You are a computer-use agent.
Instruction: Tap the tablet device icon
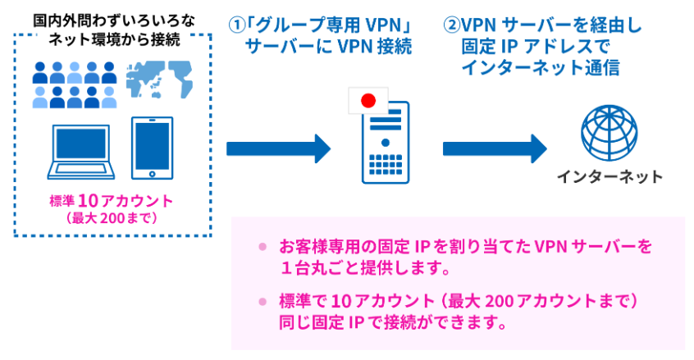point(153,148)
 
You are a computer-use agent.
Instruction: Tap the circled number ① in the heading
point(237,25)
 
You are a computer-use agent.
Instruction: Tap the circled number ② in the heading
point(452,25)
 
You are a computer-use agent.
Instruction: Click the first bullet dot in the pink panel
point(263,246)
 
